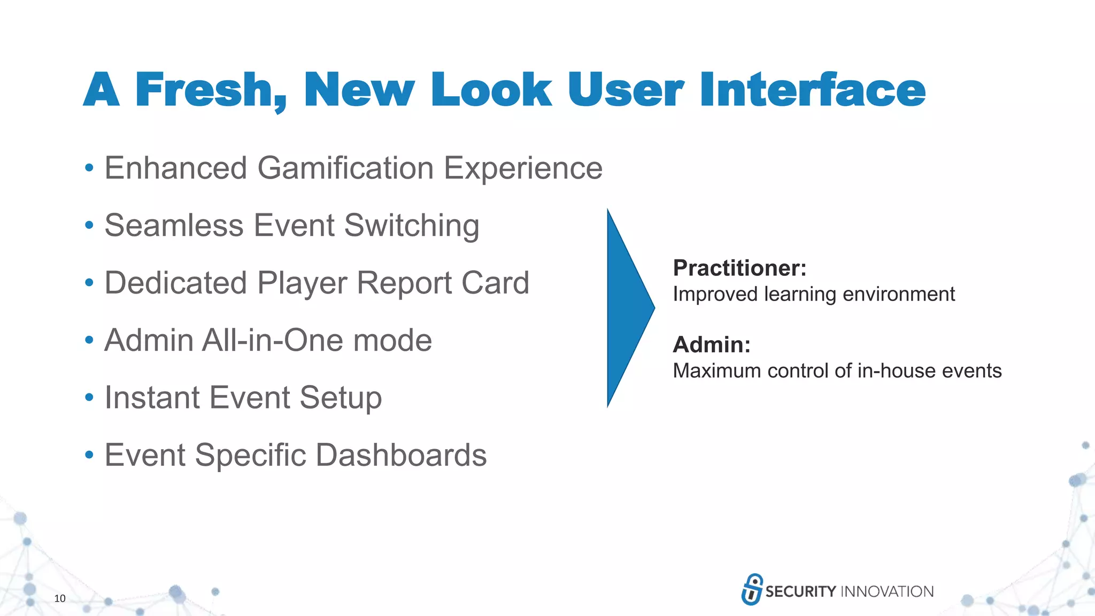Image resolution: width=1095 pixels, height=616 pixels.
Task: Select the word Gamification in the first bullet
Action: coord(345,168)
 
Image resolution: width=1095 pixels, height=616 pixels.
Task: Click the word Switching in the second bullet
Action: coord(412,225)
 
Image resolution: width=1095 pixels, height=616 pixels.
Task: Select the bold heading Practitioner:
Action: coord(739,268)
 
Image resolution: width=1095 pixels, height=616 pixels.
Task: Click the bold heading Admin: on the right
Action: coord(712,344)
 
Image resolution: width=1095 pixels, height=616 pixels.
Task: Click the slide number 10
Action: coord(60,598)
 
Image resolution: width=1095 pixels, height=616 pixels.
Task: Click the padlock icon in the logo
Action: coord(752,589)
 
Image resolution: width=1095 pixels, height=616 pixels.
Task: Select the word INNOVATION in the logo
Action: coord(887,591)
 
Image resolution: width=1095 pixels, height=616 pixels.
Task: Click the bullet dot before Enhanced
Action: coord(89,168)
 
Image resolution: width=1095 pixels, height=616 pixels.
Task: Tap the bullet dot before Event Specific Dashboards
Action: coord(89,456)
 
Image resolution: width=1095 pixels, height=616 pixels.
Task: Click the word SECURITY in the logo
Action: coord(800,591)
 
